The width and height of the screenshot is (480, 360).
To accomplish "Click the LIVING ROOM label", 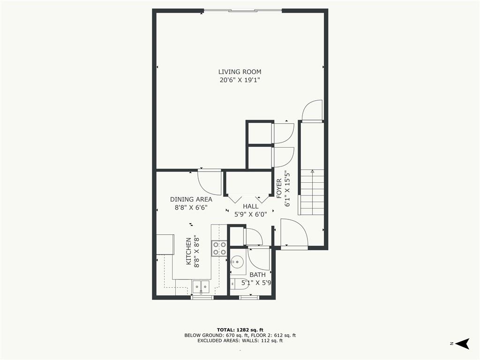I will pos(240,72).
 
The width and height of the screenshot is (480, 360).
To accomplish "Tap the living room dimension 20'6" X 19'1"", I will pos(240,80).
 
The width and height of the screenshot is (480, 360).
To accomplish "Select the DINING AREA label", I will pos(191,199).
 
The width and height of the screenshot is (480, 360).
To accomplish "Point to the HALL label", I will pos(250,206).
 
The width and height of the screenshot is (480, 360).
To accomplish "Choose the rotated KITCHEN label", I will pos(189,251).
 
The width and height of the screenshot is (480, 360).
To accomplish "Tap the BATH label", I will pos(257,275).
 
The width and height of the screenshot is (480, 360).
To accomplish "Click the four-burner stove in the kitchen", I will pos(219,248).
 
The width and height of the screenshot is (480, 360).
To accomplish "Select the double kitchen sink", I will pos(202,286).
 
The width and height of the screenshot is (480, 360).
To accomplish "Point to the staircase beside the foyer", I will pos(312,192).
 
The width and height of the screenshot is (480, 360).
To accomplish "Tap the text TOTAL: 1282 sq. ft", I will pos(240,329).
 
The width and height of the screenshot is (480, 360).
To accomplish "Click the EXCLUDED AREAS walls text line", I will pos(240,341).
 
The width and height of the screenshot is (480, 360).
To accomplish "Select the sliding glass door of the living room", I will pos(242,10).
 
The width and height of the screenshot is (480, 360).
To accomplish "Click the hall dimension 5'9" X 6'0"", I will pos(250,214).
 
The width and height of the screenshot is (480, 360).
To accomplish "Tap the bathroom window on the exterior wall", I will pos(249,297).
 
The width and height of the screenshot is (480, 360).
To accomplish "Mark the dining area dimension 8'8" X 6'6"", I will pos(191,207).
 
